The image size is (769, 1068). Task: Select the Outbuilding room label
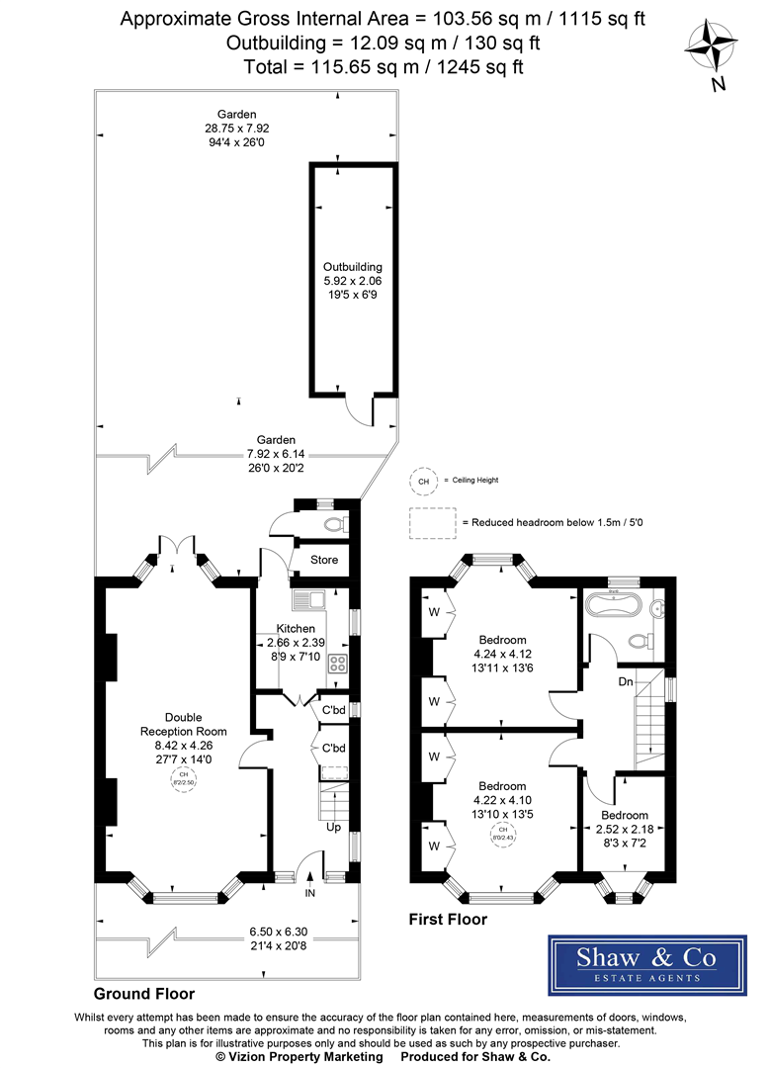(x=353, y=266)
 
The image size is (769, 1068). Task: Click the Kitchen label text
(x=296, y=628)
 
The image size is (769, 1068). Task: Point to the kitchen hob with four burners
(x=337, y=664)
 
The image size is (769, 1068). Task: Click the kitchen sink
(x=308, y=599)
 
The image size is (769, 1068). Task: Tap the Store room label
(x=324, y=560)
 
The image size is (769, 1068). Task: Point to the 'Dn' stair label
(x=625, y=681)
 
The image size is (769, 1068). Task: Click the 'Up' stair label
(x=333, y=827)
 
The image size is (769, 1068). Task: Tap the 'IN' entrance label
(x=309, y=893)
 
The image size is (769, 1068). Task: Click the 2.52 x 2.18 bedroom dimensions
(x=623, y=831)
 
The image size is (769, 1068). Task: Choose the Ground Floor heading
(x=144, y=993)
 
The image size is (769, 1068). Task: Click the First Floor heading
(x=448, y=920)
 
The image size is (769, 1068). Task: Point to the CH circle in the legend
(x=424, y=480)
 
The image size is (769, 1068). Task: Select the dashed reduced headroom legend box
(x=432, y=523)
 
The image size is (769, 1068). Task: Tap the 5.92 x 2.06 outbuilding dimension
(x=353, y=280)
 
